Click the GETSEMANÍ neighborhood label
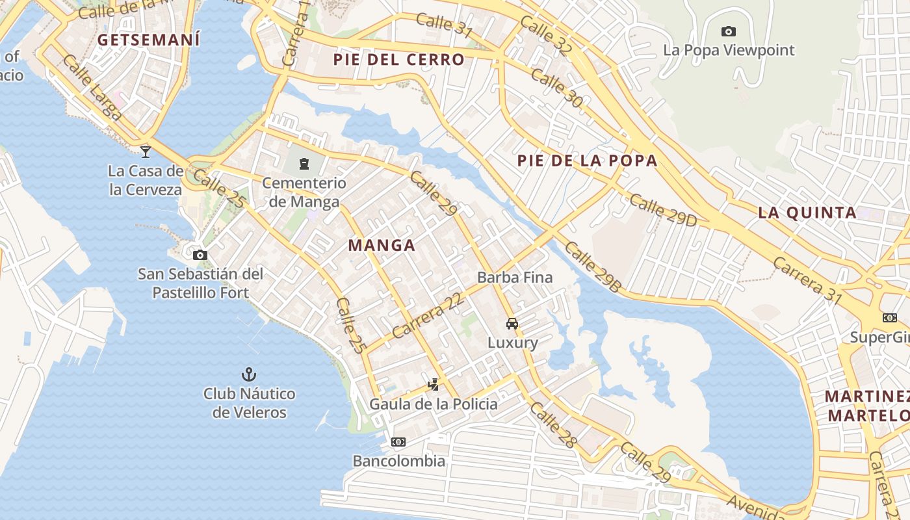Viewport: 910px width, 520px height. pos(148,40)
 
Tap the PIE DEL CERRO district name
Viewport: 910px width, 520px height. pos(399,60)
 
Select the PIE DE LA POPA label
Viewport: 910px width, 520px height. pos(588,161)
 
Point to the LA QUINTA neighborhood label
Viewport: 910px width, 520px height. pos(807,213)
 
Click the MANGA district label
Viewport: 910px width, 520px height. pos(382,245)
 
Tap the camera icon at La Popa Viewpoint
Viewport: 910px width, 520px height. pos(729,31)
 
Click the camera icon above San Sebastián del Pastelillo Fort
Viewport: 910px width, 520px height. pos(200,255)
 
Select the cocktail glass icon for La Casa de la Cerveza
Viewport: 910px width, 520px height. pos(146,151)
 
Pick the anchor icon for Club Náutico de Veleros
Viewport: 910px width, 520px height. pos(248,374)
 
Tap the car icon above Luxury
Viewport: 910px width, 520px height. pos(512,323)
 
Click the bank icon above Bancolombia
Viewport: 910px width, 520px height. pos(398,442)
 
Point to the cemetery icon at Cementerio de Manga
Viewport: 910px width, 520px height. pos(304,163)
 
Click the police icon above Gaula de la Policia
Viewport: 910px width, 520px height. pos(434,385)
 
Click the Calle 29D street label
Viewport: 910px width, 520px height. pos(662,210)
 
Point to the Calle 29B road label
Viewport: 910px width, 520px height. pos(593,266)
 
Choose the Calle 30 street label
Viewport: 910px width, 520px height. pos(556,87)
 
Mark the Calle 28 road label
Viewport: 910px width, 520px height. pos(553,425)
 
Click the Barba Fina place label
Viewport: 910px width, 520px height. pos(515,278)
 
